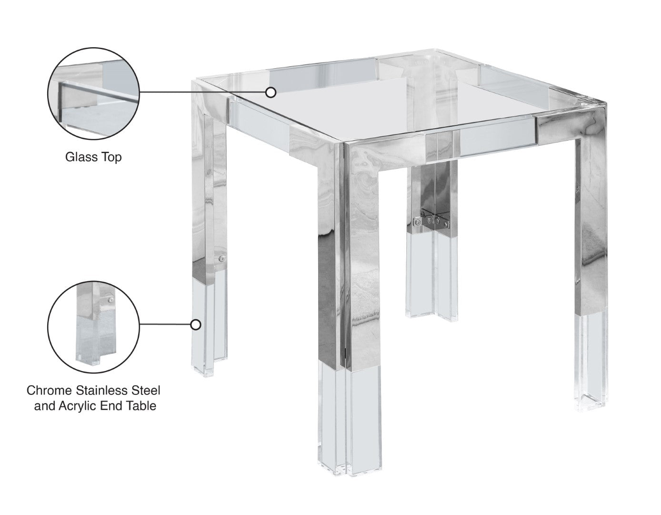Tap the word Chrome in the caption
coord(49,391)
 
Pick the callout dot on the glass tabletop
coord(270,92)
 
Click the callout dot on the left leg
coord(196,325)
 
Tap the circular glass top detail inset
coord(93,93)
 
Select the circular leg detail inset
coord(93,327)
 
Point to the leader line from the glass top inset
coord(202,92)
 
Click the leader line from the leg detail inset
coord(165,325)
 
